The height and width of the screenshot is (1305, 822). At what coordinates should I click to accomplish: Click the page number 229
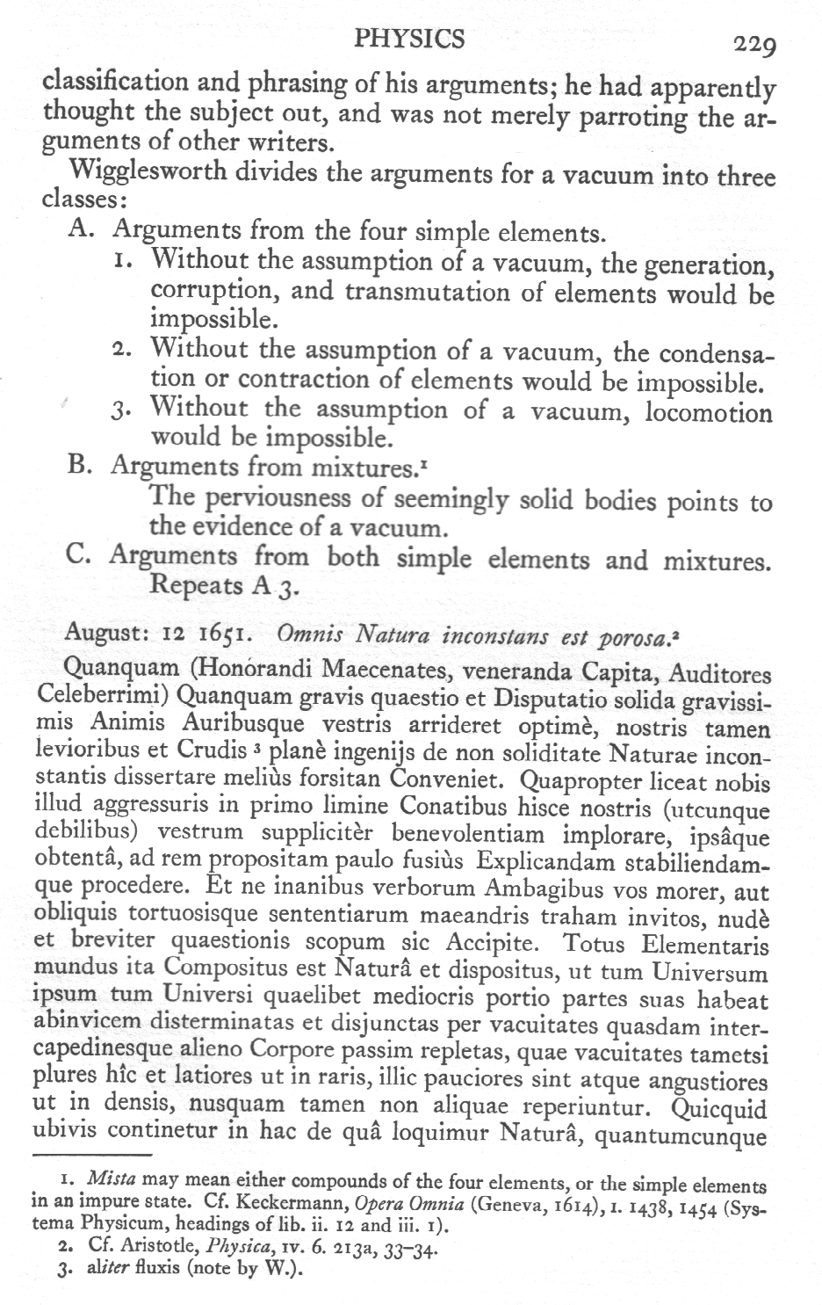(753, 43)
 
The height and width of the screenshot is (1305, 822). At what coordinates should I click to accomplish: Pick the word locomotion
(709, 412)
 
